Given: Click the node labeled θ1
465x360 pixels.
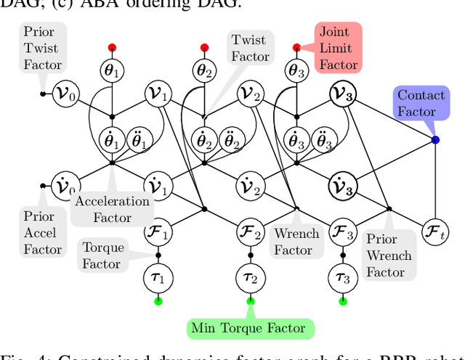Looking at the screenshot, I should point(112,70).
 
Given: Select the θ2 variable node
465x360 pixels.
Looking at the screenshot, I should point(204,70).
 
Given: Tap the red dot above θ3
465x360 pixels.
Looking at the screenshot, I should point(296,47).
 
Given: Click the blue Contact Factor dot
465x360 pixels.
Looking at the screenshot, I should point(434,139).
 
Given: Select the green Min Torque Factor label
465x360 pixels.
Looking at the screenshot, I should point(248,328).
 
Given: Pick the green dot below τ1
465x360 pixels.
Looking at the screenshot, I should point(158,300).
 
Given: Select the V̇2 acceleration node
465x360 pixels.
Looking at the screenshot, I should point(250,186).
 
